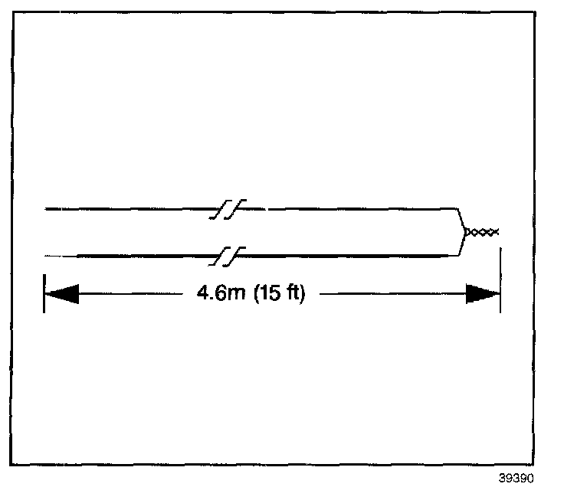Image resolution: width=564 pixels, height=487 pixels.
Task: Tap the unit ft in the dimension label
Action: click(x=294, y=294)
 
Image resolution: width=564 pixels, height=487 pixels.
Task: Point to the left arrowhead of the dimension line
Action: click(x=62, y=294)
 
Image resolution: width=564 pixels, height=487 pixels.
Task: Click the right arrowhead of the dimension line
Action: click(x=483, y=294)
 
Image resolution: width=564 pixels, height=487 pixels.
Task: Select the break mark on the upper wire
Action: click(x=228, y=208)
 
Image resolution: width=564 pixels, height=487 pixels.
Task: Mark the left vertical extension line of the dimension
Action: click(x=44, y=293)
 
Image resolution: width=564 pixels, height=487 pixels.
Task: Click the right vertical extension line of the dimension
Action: click(x=500, y=284)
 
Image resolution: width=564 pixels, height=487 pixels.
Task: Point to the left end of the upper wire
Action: click(x=48, y=208)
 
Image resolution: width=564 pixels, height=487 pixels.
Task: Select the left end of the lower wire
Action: click(x=48, y=254)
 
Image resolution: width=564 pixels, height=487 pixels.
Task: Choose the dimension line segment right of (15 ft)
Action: click(x=391, y=294)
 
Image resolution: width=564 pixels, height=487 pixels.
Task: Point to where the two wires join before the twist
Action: click(x=466, y=231)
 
